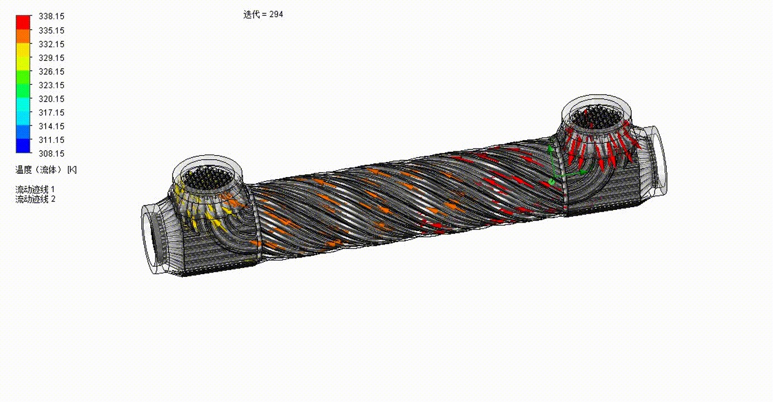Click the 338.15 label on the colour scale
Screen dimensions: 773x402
click(x=51, y=16)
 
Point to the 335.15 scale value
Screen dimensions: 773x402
click(x=51, y=30)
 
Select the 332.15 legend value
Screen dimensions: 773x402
click(x=51, y=44)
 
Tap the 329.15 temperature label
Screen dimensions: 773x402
click(x=51, y=58)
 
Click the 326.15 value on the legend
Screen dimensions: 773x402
click(x=51, y=71)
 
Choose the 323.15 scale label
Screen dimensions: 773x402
click(x=51, y=85)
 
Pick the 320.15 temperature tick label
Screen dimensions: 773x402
click(x=51, y=99)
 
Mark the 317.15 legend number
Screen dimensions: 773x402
click(x=51, y=112)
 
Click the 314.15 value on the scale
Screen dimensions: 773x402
click(x=51, y=126)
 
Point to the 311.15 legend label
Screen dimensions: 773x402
click(x=51, y=140)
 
